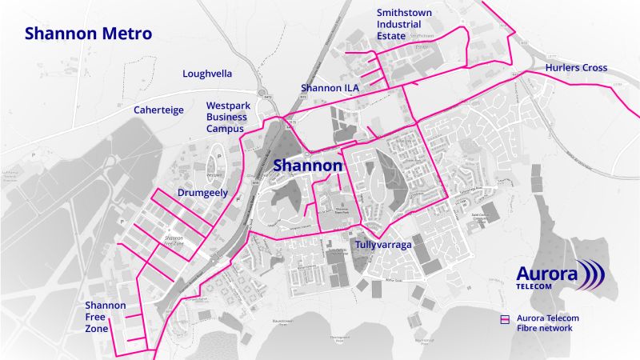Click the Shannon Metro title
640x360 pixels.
point(88,34)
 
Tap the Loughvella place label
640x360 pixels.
point(207,74)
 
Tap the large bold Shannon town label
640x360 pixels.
point(308,165)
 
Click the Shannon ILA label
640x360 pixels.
point(330,87)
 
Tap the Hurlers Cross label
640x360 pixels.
point(576,68)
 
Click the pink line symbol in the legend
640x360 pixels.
point(504,318)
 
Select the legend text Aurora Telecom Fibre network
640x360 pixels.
point(547,323)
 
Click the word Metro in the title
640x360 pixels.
point(124,34)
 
